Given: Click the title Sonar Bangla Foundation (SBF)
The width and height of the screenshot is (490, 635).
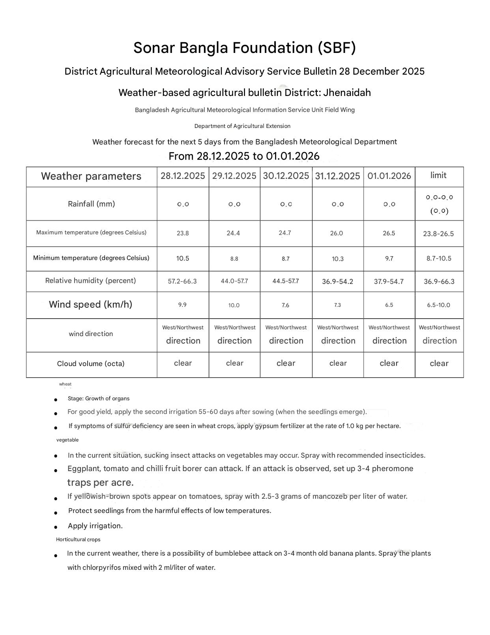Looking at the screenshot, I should [x=245, y=48].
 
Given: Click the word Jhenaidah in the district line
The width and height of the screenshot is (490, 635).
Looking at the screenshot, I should [x=347, y=93].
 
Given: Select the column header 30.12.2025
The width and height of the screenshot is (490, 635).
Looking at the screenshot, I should [x=286, y=176].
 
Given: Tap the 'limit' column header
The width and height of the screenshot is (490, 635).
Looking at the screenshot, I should [x=438, y=175].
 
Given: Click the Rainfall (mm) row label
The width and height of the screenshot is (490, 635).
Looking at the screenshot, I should [x=92, y=204].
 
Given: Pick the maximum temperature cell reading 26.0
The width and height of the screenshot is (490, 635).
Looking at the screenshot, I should [x=337, y=233].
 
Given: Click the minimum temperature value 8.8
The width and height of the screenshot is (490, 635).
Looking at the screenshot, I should [x=234, y=259].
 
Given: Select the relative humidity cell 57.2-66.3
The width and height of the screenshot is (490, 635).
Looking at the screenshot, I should [x=182, y=281].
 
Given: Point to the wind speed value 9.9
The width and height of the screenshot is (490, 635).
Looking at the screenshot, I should [x=182, y=305].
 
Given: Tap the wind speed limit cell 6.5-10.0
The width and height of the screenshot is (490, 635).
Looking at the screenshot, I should [x=438, y=305].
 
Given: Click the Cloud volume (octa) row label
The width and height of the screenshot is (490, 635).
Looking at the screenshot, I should [x=91, y=364].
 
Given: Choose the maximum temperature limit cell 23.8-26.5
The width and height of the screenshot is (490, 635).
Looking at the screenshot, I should [x=438, y=234].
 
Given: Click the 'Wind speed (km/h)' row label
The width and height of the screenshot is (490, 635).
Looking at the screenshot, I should [x=90, y=304].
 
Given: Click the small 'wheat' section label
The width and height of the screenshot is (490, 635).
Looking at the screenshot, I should [x=65, y=384].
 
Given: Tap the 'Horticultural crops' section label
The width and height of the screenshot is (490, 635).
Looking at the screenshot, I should [x=78, y=539].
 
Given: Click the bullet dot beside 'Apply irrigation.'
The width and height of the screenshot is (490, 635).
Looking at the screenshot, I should [x=56, y=527].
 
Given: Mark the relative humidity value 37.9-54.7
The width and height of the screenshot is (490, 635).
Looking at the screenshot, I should [x=389, y=282].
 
